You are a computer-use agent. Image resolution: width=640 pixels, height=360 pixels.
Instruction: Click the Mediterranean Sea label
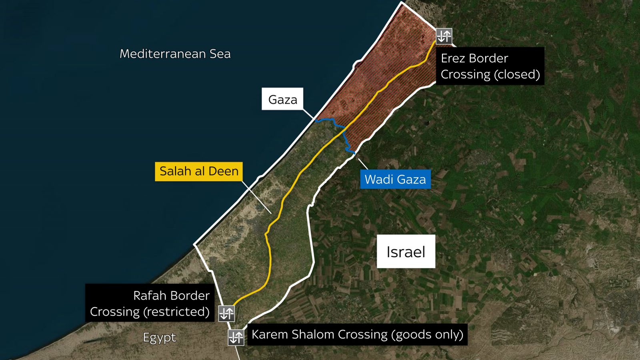pyautogui.click(x=175, y=54)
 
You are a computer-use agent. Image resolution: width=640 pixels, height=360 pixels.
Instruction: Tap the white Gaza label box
pyautogui.click(x=282, y=99)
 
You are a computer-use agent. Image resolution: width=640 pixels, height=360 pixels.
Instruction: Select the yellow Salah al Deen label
pyautogui.click(x=199, y=171)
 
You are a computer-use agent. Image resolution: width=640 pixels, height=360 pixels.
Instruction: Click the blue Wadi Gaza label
pyautogui.click(x=395, y=179)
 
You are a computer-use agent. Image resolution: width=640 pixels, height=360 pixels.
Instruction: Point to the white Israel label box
pyautogui.click(x=406, y=252)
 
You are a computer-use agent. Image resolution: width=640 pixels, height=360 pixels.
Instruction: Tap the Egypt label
pyautogui.click(x=159, y=338)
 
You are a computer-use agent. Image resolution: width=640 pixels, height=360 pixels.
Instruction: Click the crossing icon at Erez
pyautogui.click(x=444, y=36)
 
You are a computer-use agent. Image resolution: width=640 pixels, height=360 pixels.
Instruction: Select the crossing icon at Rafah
pyautogui.click(x=226, y=313)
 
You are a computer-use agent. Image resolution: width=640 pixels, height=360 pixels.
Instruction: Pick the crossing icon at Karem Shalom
pyautogui.click(x=236, y=337)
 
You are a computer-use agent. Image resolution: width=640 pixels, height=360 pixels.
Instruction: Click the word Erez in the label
pyautogui.click(x=454, y=58)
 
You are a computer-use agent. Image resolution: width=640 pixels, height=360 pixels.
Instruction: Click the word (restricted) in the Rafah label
pyautogui.click(x=176, y=312)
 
